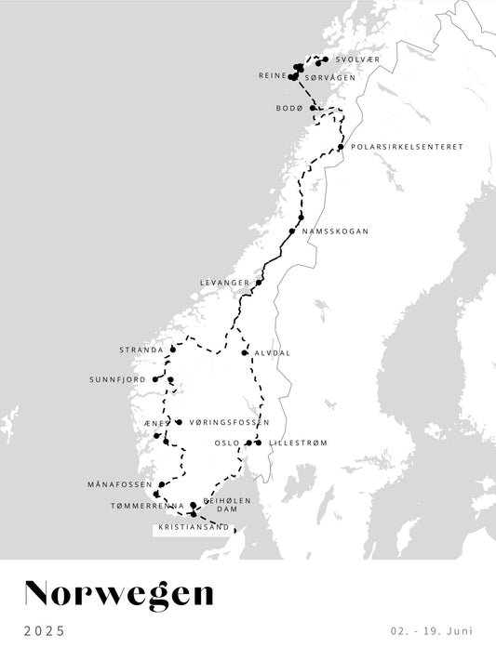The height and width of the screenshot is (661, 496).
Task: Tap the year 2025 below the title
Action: tap(44, 631)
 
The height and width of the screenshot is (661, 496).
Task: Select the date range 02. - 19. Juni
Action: tap(432, 631)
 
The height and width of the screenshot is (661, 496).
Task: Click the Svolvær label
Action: tap(356, 59)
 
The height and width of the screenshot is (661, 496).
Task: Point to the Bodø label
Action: tap(289, 109)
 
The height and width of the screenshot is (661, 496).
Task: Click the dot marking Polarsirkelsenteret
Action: tap(342, 147)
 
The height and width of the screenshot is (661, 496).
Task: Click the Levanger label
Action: tap(225, 282)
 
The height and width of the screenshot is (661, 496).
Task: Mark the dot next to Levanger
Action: tap(259, 283)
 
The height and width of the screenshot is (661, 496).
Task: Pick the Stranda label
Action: tap(141, 350)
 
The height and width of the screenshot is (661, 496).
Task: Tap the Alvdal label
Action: tap(272, 353)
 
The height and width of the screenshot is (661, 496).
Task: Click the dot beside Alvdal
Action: tap(245, 353)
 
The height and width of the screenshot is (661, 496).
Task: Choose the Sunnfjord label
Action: tap(119, 379)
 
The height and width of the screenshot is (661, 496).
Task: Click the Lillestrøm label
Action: tap(298, 443)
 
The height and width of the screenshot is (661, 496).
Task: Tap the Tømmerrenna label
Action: tap(141, 506)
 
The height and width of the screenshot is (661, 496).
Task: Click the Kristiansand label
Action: tap(194, 527)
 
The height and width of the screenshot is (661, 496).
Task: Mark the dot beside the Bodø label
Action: tap(314, 109)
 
